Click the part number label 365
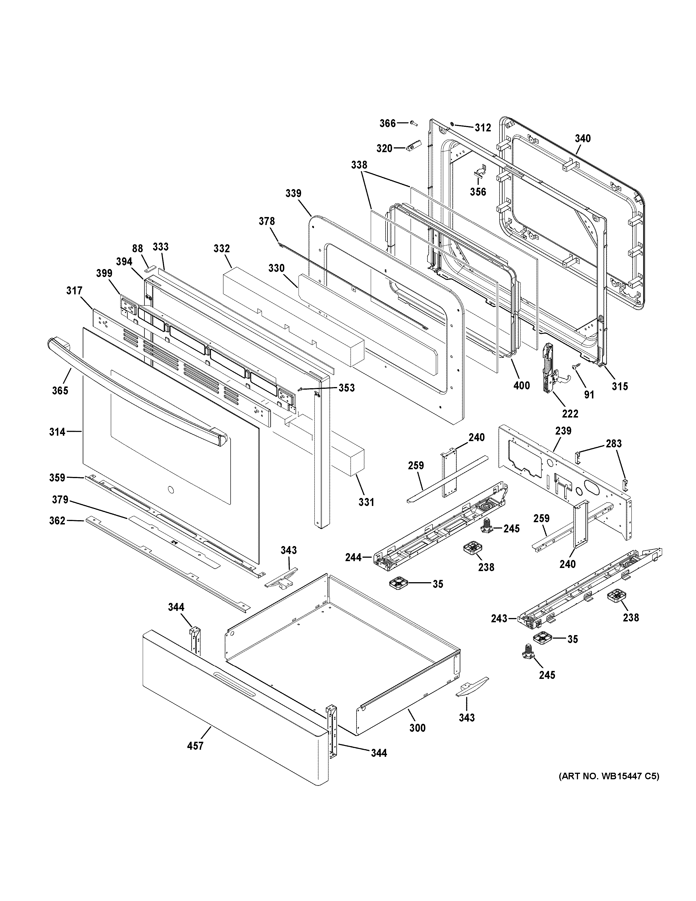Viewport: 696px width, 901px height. point(60,390)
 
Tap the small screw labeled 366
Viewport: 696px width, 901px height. point(414,123)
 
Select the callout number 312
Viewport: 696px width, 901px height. point(482,128)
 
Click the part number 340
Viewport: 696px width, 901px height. point(583,139)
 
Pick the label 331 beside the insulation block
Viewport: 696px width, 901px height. point(366,502)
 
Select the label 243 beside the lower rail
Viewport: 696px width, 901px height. point(499,630)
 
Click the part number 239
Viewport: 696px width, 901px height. point(563,431)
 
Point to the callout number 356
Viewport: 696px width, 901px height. point(478,192)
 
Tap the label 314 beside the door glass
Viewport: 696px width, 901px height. point(57,432)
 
